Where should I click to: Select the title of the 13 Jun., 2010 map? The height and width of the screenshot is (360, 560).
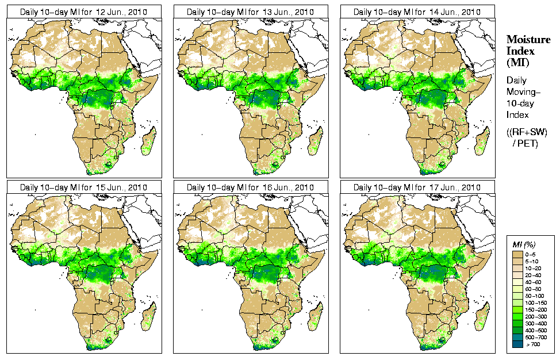250,12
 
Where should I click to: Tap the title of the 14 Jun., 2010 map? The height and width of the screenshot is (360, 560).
417,12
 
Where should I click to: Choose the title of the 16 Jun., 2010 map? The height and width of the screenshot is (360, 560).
250,187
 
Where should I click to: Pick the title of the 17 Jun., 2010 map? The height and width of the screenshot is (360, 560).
417,187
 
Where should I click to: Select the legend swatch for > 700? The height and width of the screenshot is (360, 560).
517,344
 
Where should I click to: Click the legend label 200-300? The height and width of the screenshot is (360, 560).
534,316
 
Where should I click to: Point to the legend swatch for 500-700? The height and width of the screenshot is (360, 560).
517,337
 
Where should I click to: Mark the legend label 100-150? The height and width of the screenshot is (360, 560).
534,302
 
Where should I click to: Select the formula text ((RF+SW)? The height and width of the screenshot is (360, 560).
527,132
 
